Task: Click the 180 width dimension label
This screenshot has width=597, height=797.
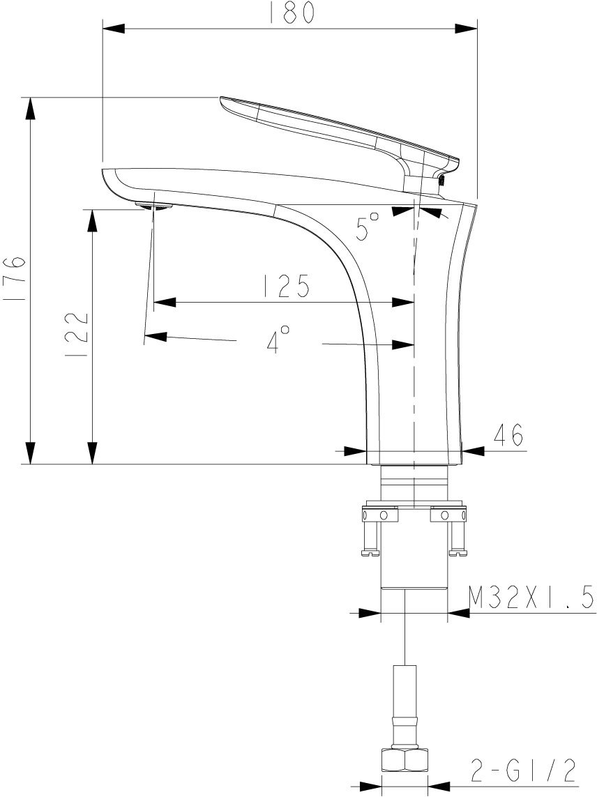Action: (x=290, y=12)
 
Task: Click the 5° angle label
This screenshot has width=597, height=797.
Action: (x=368, y=226)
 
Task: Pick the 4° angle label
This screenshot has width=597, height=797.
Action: (x=278, y=340)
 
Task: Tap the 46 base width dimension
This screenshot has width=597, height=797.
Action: (x=508, y=434)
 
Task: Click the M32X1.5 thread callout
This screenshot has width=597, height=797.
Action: (x=531, y=598)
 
